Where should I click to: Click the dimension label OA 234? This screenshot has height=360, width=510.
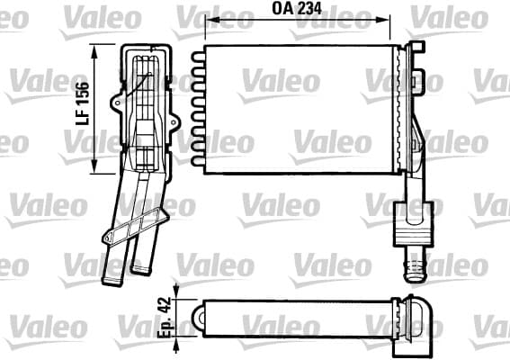(x=297, y=9)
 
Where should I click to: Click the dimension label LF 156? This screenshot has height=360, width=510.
(x=82, y=103)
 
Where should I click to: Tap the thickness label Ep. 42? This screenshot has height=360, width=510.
(x=165, y=317)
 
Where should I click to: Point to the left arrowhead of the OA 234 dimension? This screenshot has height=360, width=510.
(x=211, y=20)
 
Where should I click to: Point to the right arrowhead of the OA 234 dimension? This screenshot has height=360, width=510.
(x=383, y=20)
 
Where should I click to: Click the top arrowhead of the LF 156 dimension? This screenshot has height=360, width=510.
(x=94, y=50)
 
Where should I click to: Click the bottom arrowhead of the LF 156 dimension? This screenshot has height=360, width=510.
(x=94, y=166)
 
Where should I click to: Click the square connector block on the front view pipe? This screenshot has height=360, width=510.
(x=414, y=224)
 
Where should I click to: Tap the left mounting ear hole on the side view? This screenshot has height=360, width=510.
(x=117, y=103)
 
